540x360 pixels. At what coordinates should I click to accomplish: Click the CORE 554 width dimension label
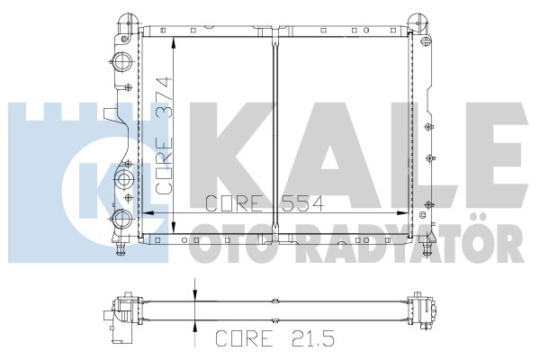[265, 203]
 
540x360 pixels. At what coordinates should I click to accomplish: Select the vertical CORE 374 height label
[164, 135]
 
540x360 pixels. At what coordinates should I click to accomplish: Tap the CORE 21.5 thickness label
[274, 338]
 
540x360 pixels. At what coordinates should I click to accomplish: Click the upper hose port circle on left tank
[122, 62]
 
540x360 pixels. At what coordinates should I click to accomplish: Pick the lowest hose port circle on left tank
[121, 219]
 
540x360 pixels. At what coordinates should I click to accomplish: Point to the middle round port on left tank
[123, 179]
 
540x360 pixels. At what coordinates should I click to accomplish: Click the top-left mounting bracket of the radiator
[128, 23]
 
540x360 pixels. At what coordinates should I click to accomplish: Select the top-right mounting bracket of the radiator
[418, 22]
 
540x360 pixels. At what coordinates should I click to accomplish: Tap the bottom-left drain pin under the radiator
[121, 248]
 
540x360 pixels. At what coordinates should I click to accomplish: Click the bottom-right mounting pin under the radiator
[427, 247]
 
